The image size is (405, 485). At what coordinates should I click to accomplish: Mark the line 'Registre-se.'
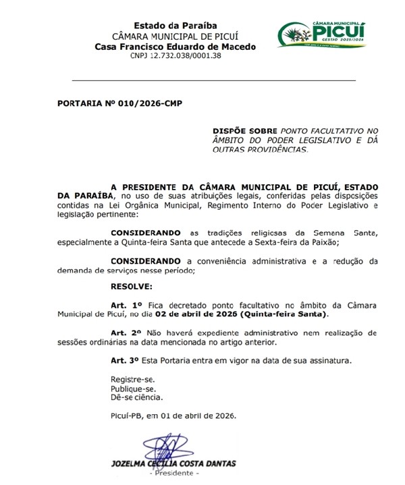132,380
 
